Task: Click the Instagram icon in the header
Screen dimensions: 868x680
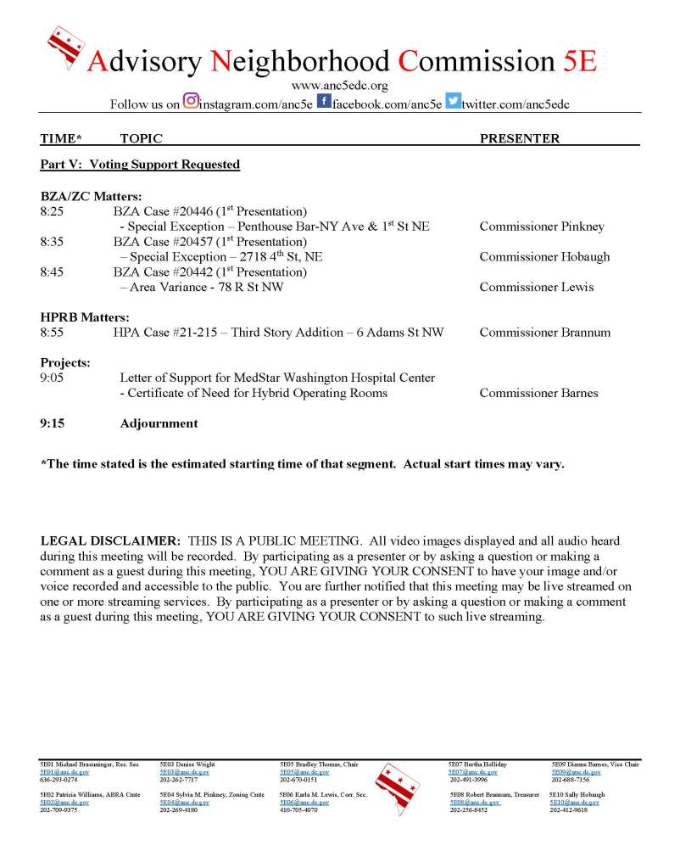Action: pos(190,103)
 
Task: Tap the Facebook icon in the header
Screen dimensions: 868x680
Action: pos(323,103)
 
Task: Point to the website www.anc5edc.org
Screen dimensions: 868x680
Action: pos(339,86)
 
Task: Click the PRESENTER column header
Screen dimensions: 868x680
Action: pos(520,138)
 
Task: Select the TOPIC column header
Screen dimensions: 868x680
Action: pos(141,138)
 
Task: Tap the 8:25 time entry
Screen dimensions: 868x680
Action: pos(53,211)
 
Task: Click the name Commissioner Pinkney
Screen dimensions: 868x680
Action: pos(542,227)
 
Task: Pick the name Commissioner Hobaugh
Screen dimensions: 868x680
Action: pos(544,257)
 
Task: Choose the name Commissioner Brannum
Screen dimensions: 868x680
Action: pos(544,332)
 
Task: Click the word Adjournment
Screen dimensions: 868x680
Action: pos(159,423)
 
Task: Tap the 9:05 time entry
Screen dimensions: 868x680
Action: pos(53,378)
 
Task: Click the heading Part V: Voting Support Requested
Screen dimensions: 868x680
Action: pos(140,165)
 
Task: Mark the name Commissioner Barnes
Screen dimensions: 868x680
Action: pos(538,393)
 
